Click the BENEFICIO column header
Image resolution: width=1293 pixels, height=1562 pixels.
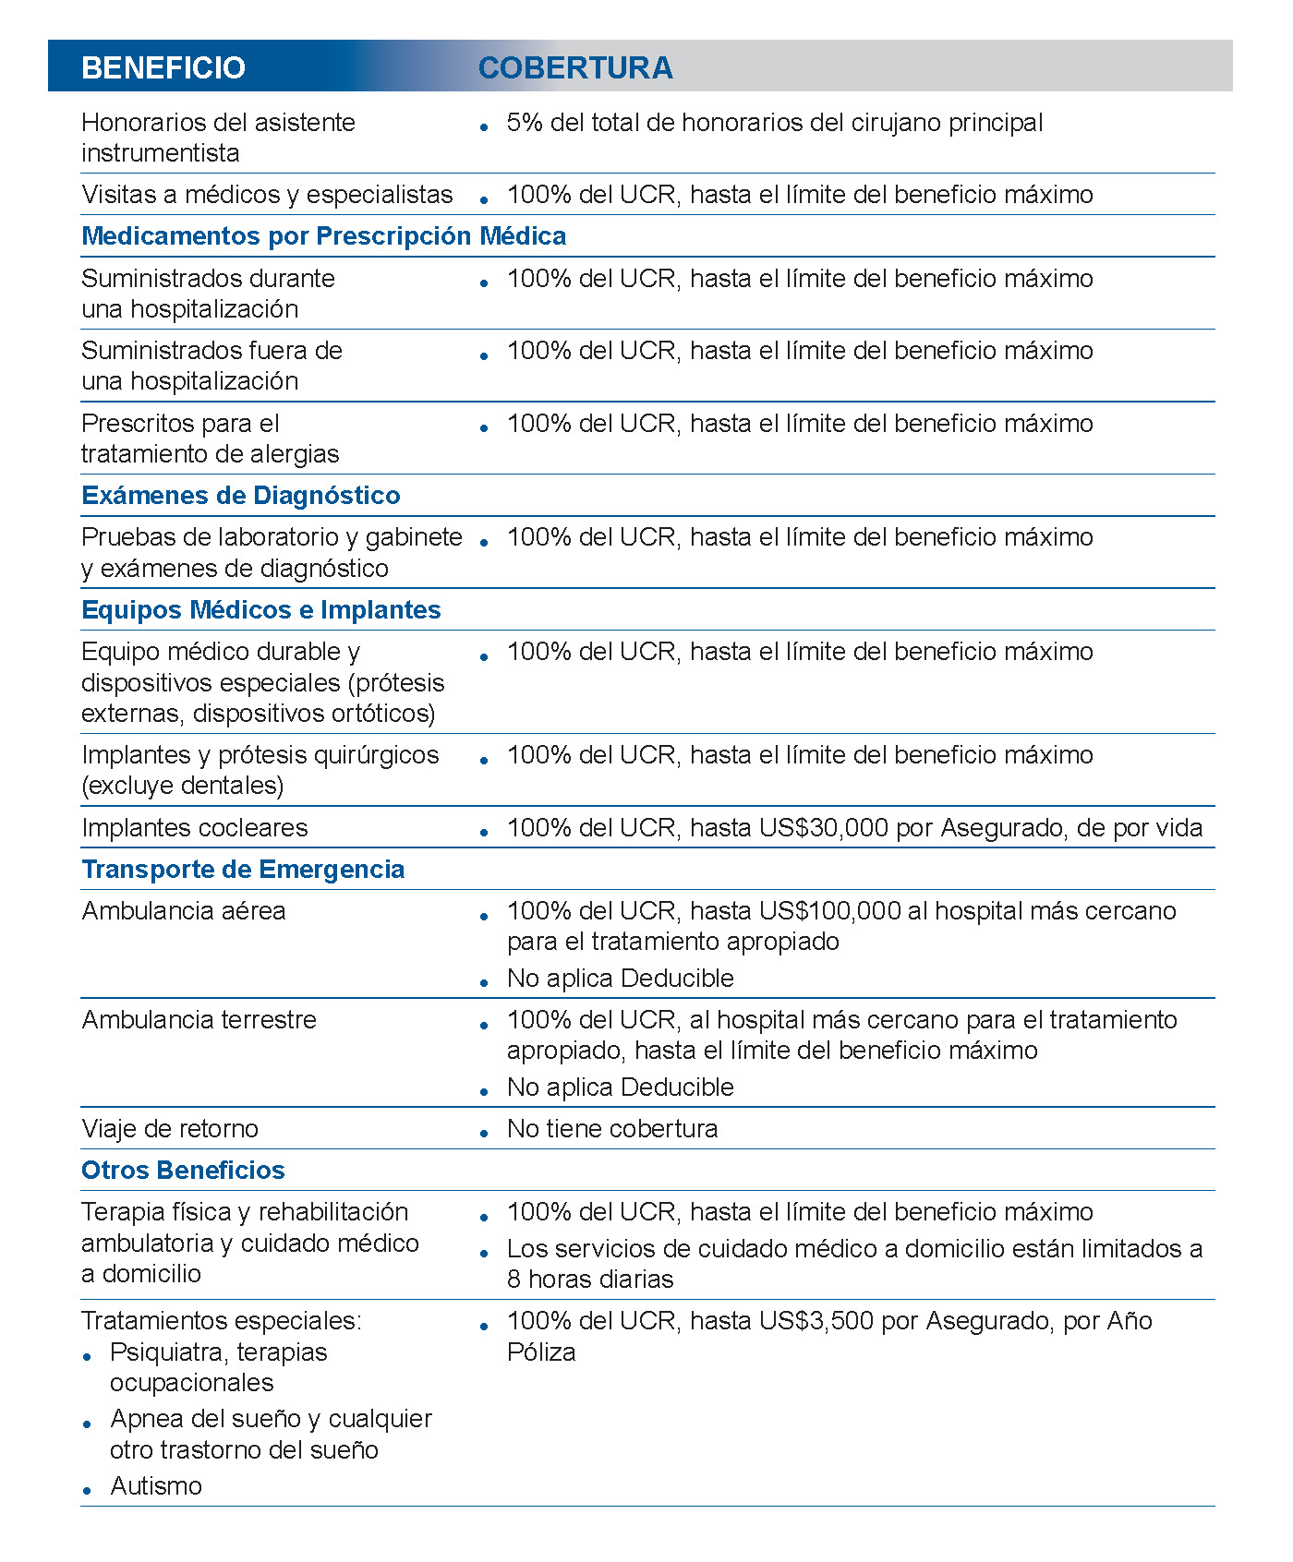(x=163, y=67)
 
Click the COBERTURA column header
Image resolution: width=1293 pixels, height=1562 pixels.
(x=575, y=67)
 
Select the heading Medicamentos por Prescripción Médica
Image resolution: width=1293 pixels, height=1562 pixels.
(x=324, y=236)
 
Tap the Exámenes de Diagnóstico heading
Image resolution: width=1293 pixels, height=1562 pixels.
(x=241, y=496)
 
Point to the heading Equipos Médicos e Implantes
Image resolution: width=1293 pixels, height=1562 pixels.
(x=261, y=610)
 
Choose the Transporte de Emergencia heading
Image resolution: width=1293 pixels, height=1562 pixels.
(x=243, y=870)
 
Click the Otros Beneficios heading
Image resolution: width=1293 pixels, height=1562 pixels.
(x=183, y=1171)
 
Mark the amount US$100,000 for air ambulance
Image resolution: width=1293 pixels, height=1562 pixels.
(x=830, y=911)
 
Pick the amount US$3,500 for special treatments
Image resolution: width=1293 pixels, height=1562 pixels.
(x=816, y=1321)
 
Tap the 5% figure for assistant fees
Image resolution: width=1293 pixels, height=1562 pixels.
(x=525, y=123)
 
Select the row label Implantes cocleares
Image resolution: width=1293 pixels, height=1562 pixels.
(x=195, y=828)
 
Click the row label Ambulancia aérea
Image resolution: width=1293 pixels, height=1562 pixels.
(x=184, y=911)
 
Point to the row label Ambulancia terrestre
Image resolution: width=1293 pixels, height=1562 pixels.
(x=199, y=1020)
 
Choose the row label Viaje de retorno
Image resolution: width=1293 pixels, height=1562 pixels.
(x=170, y=1129)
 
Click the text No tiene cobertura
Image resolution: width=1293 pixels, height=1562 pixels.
(x=612, y=1129)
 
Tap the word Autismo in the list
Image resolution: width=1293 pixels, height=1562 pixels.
(x=156, y=1486)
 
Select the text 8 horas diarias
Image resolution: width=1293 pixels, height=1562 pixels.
(x=590, y=1280)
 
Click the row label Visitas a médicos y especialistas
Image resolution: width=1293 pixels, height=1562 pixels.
(x=267, y=195)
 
